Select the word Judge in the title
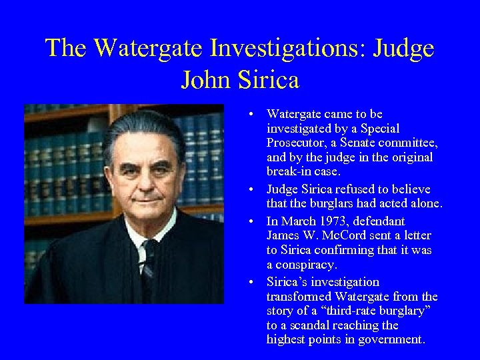click(x=404, y=49)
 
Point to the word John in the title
click(x=205, y=80)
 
